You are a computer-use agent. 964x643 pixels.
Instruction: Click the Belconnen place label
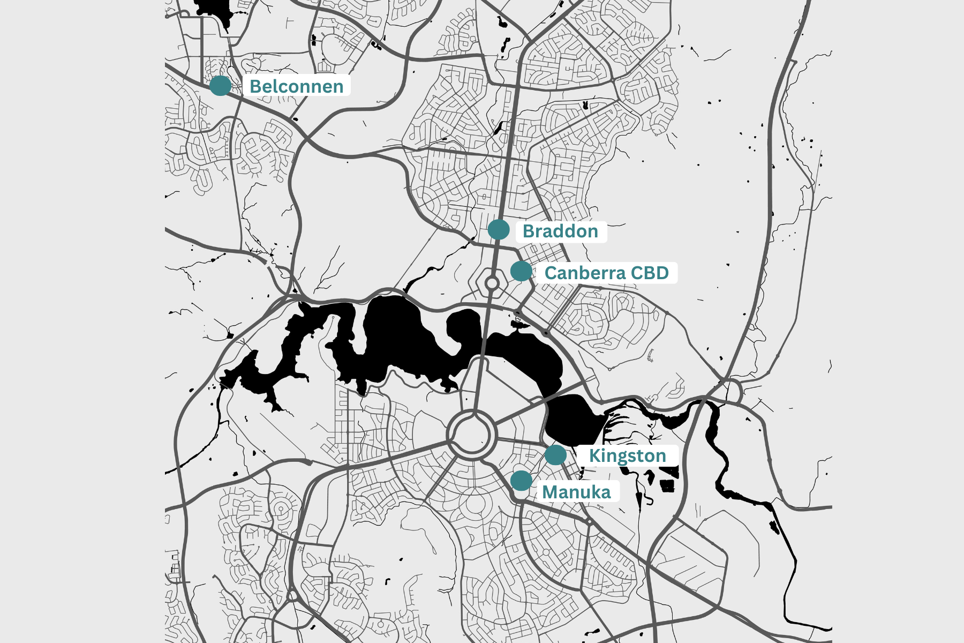click(296, 86)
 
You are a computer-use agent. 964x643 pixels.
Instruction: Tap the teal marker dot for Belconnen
click(220, 85)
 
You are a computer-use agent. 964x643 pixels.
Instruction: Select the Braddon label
click(560, 231)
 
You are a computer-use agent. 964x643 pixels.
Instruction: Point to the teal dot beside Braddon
click(499, 230)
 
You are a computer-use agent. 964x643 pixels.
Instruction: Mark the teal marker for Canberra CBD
click(521, 271)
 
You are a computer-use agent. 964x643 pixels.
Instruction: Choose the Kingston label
click(627, 455)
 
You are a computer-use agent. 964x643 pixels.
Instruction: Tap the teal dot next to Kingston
click(555, 455)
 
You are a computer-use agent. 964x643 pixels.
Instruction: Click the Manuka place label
click(576, 492)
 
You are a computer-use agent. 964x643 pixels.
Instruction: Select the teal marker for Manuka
click(521, 481)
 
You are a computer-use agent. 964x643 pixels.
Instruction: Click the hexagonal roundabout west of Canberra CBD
click(492, 282)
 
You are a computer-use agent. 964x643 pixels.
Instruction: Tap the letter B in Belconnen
click(255, 86)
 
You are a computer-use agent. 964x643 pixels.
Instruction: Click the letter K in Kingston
click(594, 456)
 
